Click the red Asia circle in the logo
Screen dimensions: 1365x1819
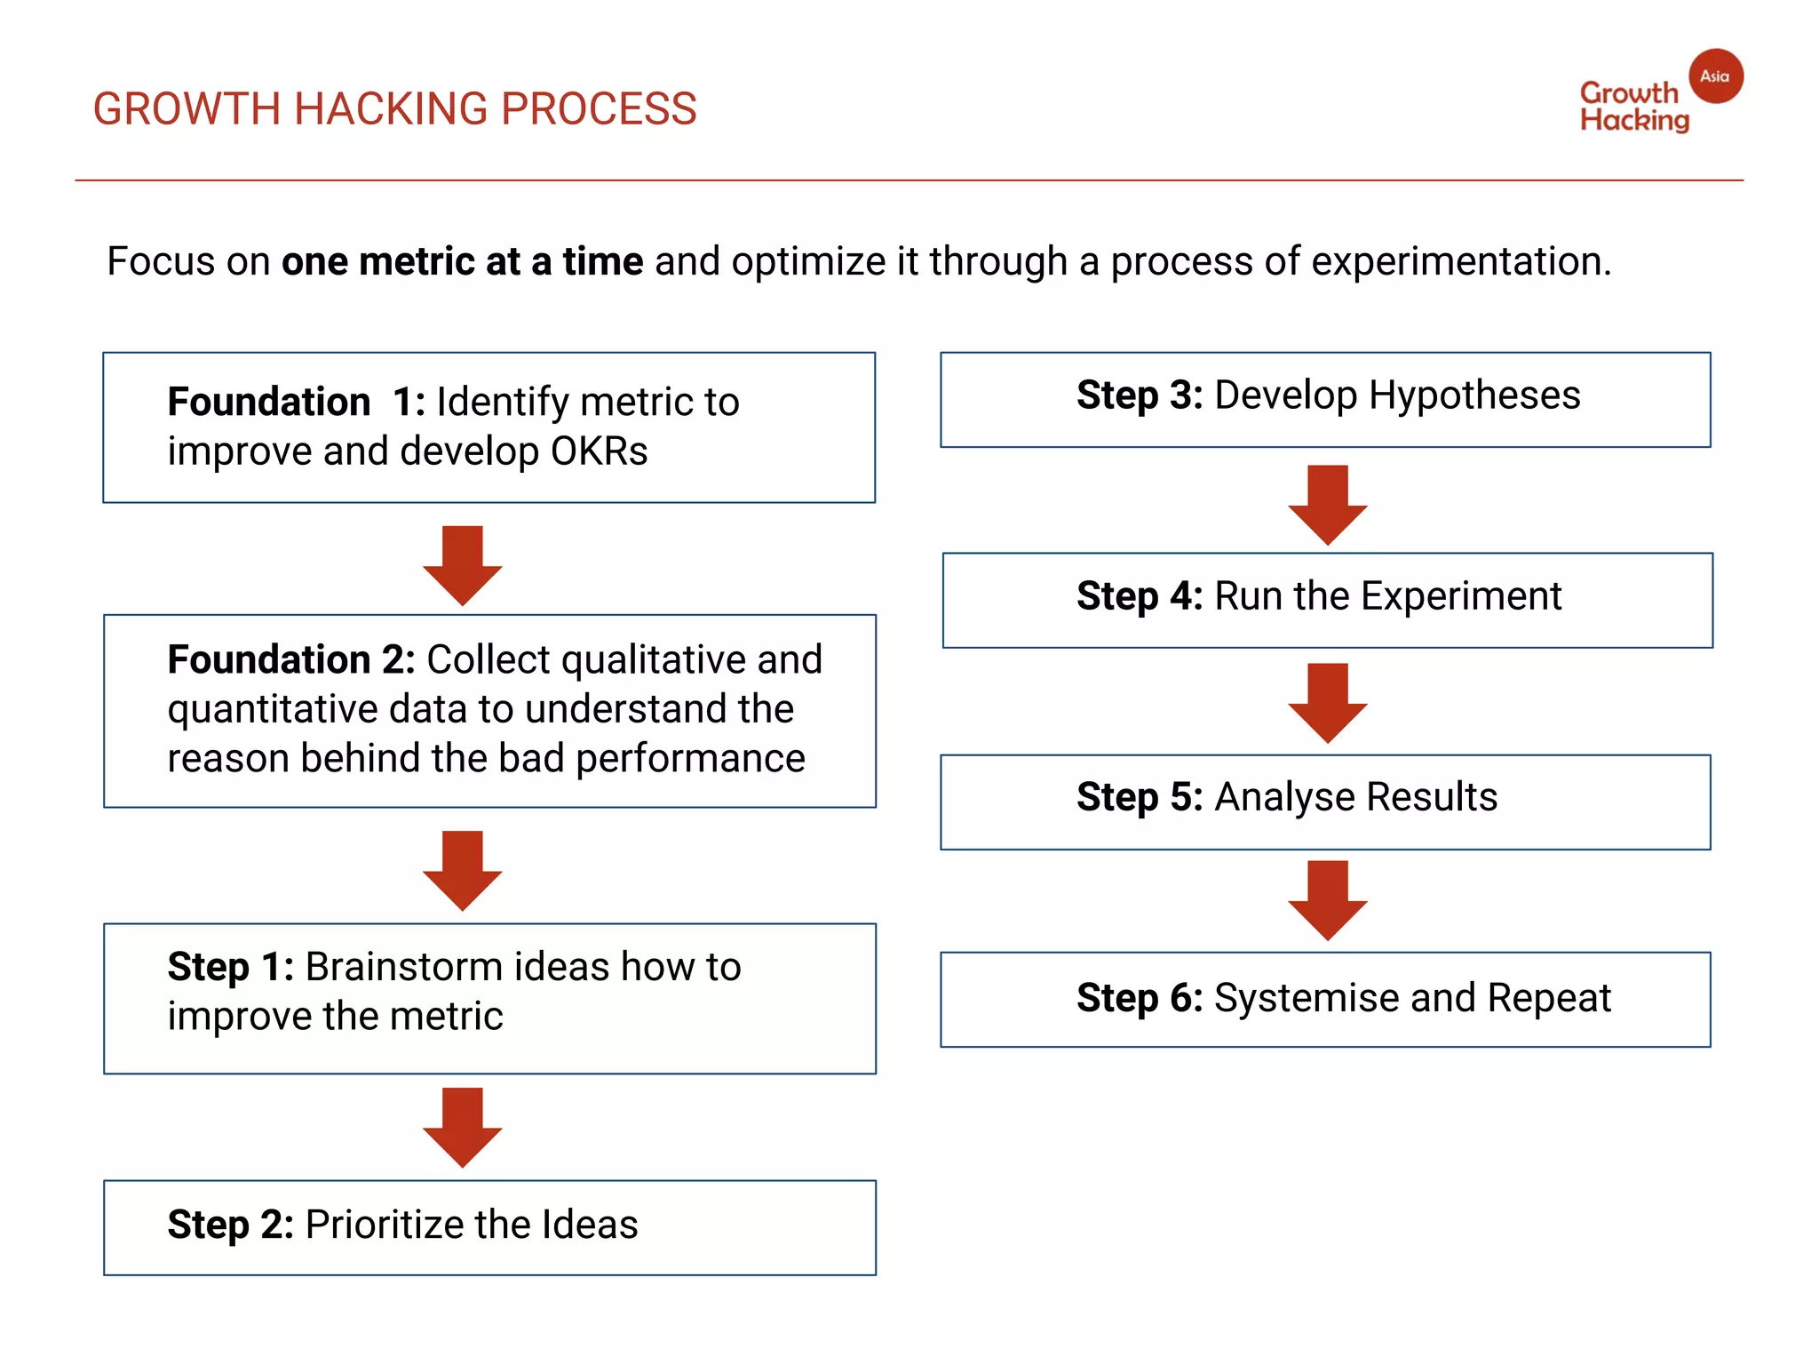(1715, 76)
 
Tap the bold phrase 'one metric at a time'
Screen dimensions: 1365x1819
(462, 261)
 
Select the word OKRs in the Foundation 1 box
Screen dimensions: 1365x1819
(599, 451)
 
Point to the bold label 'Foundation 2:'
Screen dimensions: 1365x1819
(290, 659)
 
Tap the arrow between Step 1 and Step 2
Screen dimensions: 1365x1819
(462, 1126)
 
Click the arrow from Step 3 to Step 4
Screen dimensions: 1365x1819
(1327, 504)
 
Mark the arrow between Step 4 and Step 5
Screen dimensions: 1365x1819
(1327, 702)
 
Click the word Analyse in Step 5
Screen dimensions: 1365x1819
(1283, 797)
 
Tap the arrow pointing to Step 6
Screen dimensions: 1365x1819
(1327, 899)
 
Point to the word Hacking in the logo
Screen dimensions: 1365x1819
(1633, 120)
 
